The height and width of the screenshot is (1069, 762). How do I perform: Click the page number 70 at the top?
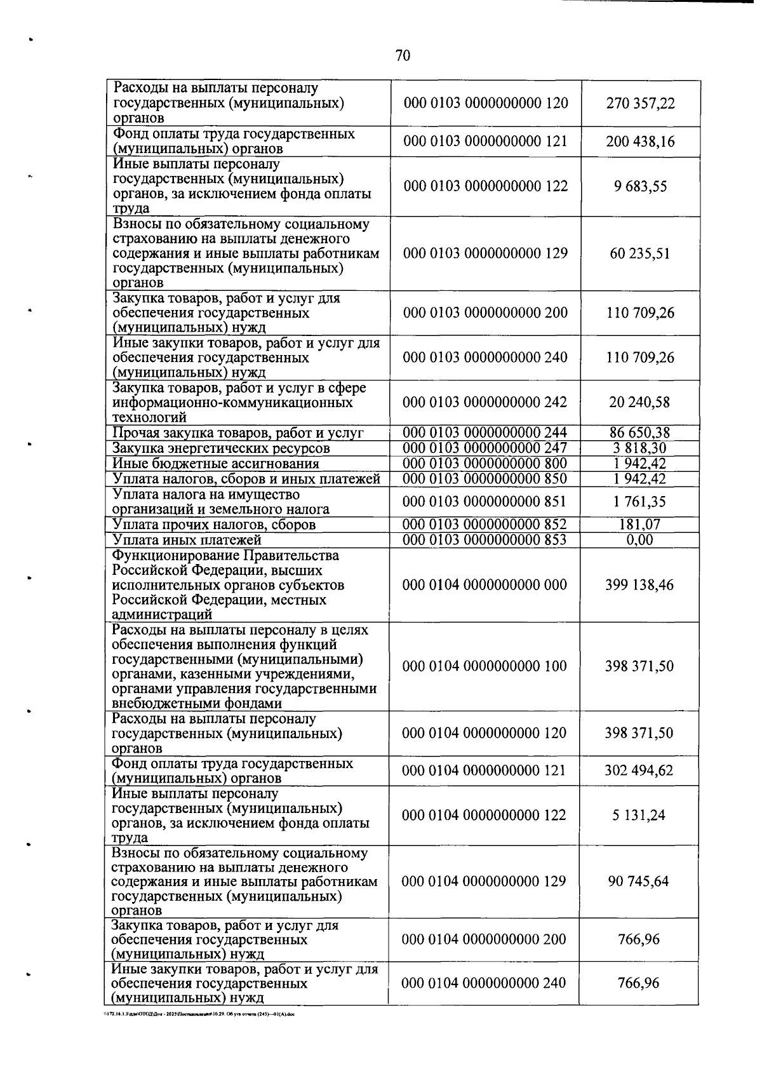403,56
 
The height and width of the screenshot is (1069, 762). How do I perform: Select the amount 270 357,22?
640,104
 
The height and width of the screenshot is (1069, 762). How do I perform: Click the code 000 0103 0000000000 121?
485,142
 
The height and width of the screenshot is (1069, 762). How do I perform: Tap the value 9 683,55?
640,187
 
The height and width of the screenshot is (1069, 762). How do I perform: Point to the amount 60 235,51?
640,253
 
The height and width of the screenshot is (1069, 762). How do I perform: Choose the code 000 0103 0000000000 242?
485,403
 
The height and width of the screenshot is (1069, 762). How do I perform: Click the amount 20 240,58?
640,403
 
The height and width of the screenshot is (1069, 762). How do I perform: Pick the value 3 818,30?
640,448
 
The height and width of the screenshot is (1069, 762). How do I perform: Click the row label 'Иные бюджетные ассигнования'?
216,464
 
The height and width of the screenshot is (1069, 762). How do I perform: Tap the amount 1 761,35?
639,502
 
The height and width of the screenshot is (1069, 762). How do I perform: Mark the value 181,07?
639,525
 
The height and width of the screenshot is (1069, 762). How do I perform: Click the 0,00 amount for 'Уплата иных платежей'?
639,540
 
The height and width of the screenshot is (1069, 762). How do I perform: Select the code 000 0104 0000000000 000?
485,585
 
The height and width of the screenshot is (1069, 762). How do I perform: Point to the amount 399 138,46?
639,585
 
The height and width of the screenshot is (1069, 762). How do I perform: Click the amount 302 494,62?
639,771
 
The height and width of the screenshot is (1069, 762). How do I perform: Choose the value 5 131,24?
639,816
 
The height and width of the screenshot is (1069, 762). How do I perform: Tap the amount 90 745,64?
639,882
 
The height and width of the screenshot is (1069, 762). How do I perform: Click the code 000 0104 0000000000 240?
484,983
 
